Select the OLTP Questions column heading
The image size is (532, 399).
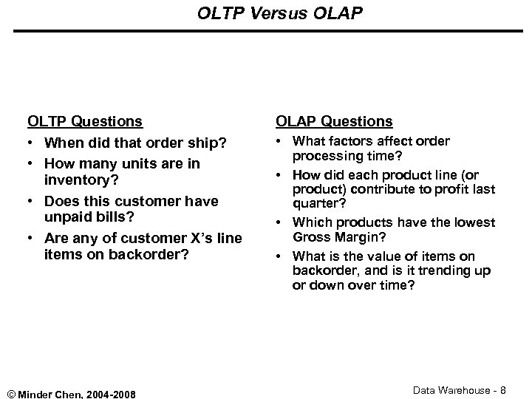click(85, 120)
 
